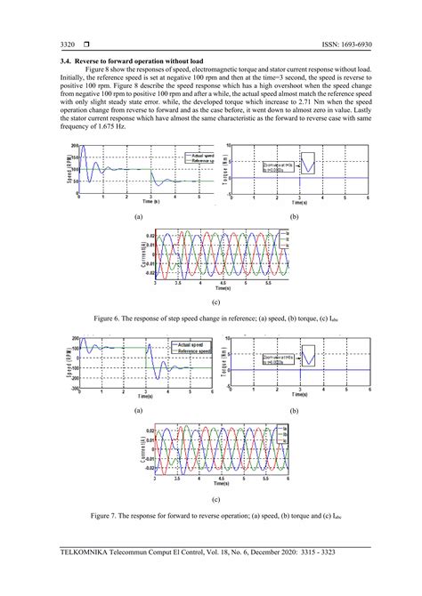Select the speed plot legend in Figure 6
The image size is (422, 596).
point(183,157)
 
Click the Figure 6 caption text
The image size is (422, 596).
point(210,318)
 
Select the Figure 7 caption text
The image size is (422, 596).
point(210,515)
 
